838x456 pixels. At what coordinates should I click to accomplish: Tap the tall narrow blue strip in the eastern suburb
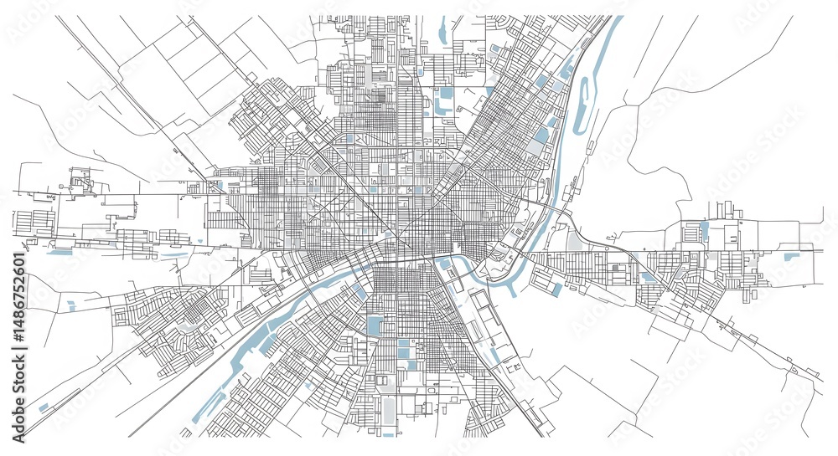(704, 231)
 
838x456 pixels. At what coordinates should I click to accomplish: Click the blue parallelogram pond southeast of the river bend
(557, 289)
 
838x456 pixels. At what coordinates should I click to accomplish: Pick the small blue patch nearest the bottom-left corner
(44, 407)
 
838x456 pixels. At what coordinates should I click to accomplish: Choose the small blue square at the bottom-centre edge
(388, 434)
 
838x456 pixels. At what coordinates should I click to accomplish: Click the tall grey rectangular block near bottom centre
(388, 410)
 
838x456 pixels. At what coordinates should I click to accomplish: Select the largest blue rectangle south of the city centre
(374, 325)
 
